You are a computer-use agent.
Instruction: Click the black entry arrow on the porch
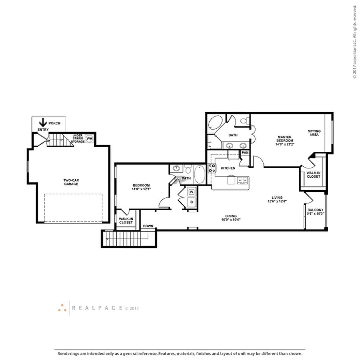click(x=43, y=122)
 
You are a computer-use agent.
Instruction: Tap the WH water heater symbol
click(x=89, y=139)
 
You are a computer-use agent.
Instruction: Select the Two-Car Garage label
click(x=71, y=182)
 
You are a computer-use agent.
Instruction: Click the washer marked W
click(x=191, y=192)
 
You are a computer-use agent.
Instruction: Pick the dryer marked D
click(x=191, y=202)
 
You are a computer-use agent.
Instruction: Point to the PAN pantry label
click(x=245, y=153)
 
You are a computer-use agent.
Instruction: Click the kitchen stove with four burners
click(x=212, y=168)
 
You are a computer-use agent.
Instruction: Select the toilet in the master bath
click(x=245, y=121)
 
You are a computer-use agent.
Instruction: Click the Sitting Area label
click(x=314, y=133)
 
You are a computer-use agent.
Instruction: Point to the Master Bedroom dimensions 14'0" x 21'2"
click(x=285, y=144)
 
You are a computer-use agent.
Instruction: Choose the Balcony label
click(x=316, y=210)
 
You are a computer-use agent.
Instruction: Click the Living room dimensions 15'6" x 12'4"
click(x=277, y=201)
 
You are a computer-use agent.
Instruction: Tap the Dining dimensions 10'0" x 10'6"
click(x=231, y=220)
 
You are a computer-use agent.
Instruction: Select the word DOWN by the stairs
click(x=148, y=226)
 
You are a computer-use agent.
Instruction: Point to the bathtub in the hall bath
click(x=199, y=174)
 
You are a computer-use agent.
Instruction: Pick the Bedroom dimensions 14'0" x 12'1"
click(x=141, y=189)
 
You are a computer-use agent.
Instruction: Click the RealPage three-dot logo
click(x=62, y=308)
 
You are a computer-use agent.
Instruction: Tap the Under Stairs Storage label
click(x=78, y=138)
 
